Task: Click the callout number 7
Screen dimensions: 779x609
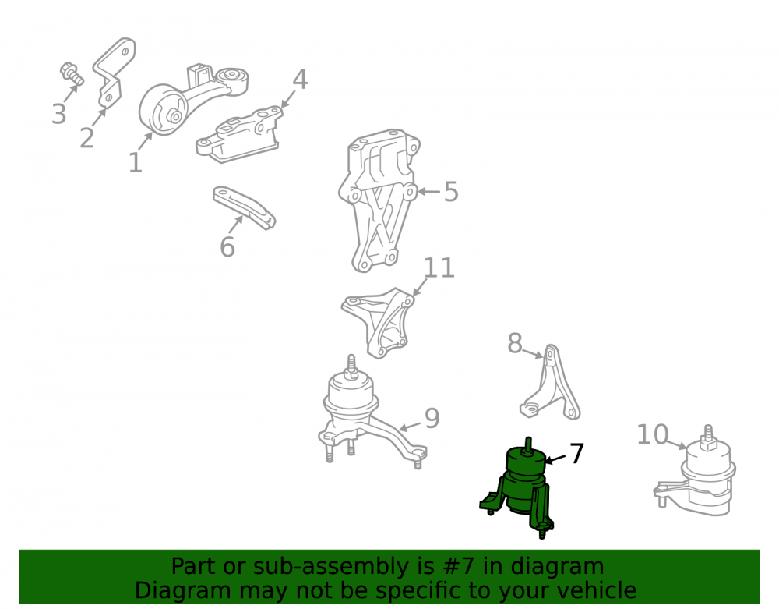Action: tap(576, 453)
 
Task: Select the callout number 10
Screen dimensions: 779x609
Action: tap(652, 434)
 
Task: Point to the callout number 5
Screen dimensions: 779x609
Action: tap(450, 191)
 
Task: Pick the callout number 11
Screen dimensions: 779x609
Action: tap(439, 268)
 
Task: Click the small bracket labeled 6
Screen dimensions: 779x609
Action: tap(244, 207)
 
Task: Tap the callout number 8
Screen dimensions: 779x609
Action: tap(515, 343)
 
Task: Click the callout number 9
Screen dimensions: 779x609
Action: tap(432, 418)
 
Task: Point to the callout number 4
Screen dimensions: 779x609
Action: tap(300, 80)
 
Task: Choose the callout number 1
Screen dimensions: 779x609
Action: tap(135, 162)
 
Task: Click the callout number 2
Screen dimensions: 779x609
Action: tap(87, 138)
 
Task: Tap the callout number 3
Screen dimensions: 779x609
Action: tap(58, 114)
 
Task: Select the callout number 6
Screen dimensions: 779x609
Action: tap(227, 246)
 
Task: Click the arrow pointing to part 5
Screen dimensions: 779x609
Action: tap(428, 191)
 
